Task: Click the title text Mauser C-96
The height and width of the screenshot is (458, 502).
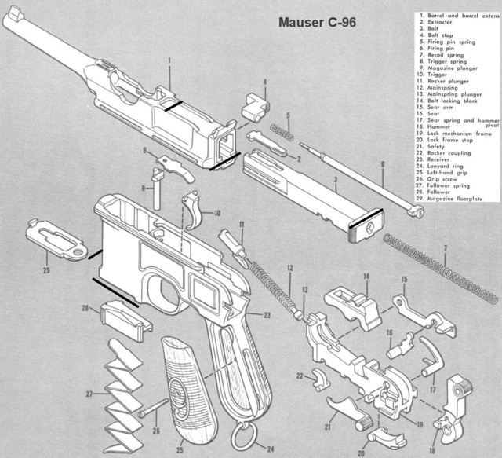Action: [317, 23]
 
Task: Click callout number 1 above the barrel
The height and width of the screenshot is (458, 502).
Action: [169, 60]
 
